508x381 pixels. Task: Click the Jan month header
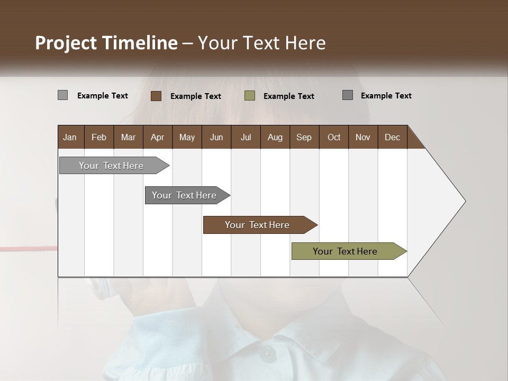point(70,137)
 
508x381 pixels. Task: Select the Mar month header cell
point(128,137)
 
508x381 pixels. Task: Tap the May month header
point(187,137)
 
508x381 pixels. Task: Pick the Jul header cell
point(246,137)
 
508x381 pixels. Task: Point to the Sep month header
point(304,137)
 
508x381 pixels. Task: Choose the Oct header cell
point(334,137)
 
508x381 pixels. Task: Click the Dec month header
point(392,137)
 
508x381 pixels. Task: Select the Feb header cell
point(99,137)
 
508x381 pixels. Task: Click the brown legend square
point(156,96)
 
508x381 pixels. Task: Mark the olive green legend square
point(250,96)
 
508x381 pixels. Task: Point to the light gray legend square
point(62,95)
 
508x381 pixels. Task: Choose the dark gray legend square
point(347,95)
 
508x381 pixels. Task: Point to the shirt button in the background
point(268,353)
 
